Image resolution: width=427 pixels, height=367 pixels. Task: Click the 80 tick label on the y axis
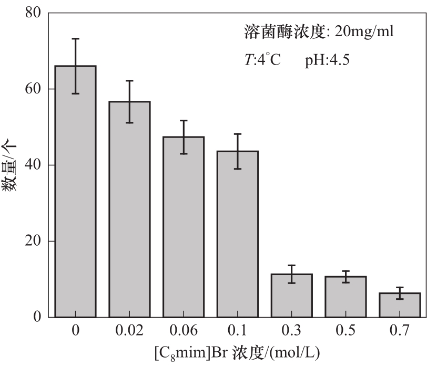tap(33, 13)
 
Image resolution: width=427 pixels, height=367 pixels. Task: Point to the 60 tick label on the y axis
tap(33, 89)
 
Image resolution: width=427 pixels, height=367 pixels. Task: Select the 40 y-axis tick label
tap(33, 165)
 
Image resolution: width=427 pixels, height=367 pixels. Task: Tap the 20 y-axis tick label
tap(33, 241)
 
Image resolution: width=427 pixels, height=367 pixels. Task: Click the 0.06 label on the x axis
tap(184, 331)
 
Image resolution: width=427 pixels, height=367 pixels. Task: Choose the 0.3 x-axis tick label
tap(292, 331)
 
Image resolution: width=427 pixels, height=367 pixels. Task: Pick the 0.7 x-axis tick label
tap(400, 331)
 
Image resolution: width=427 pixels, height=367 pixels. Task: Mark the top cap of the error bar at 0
tap(76, 38)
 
